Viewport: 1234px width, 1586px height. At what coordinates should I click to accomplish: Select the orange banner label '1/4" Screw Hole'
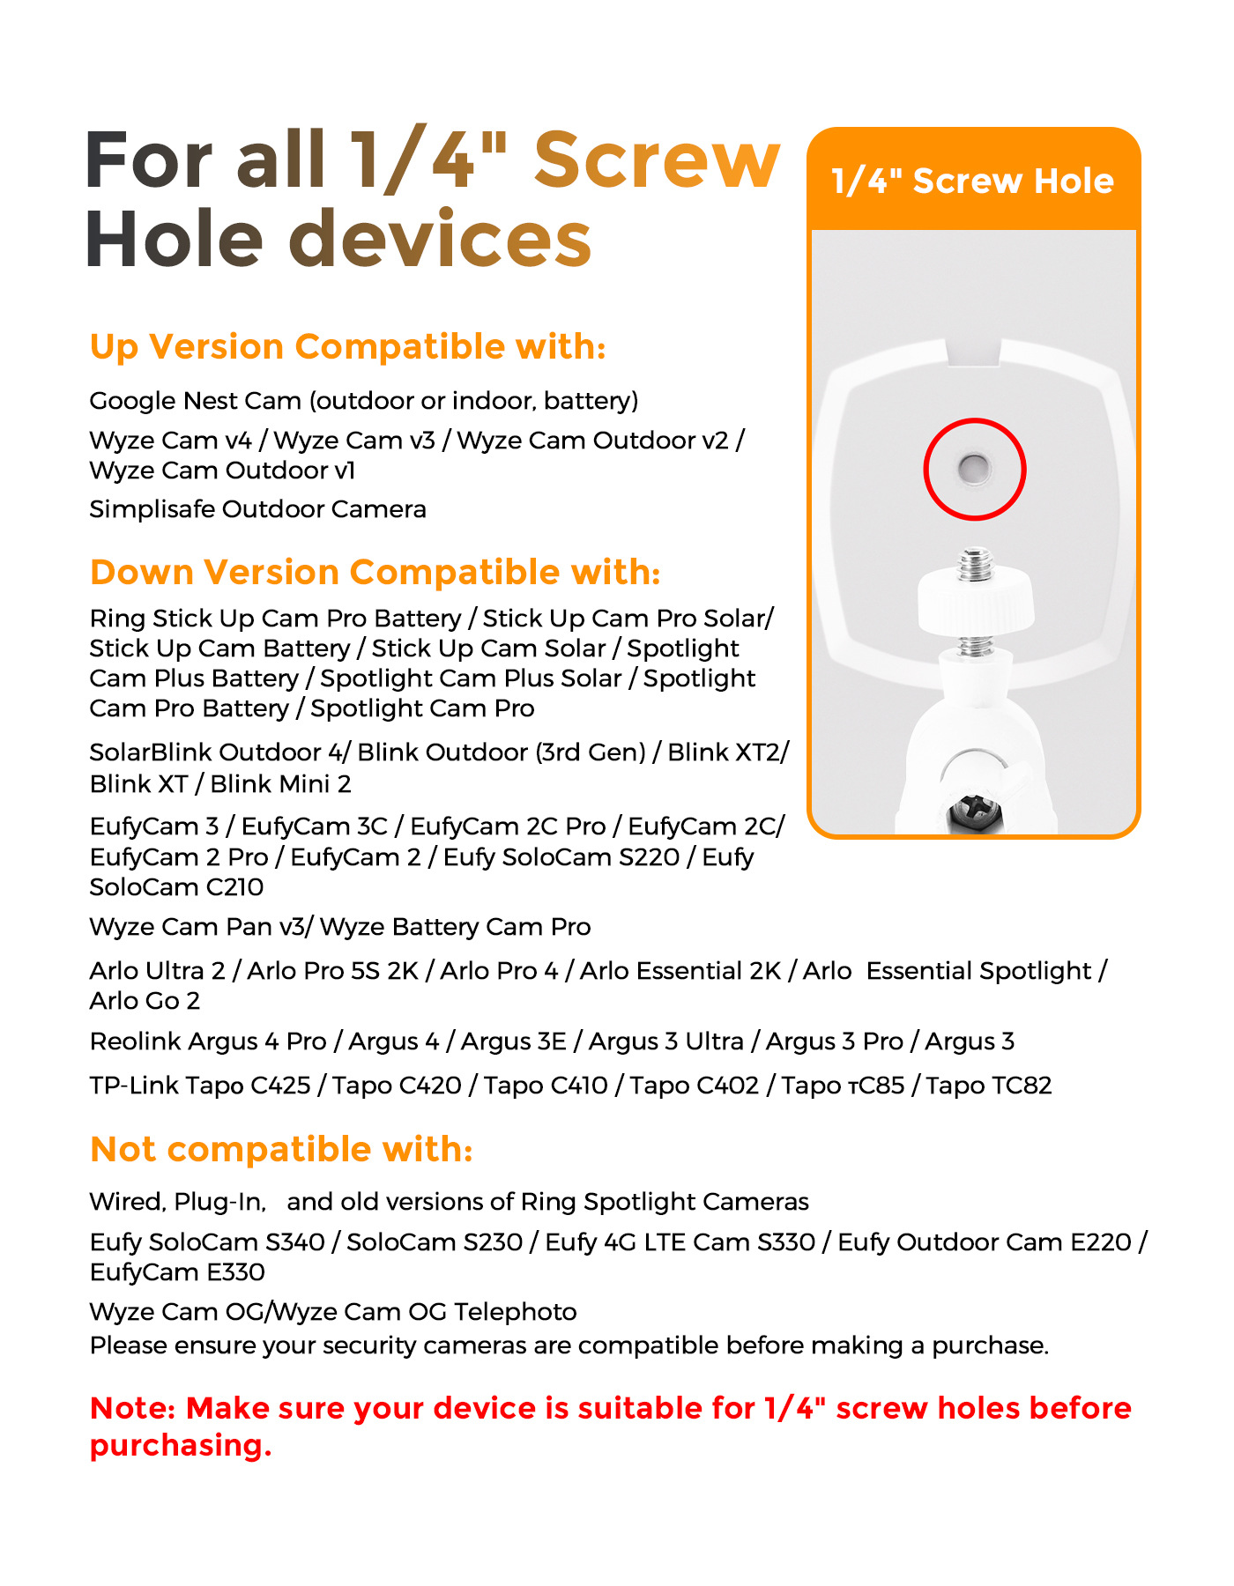click(973, 181)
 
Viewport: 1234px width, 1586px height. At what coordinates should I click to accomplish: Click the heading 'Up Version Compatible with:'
click(347, 346)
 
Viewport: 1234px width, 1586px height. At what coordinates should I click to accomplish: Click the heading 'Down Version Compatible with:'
click(375, 572)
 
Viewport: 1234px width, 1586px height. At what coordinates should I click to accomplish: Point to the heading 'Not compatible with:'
click(281, 1149)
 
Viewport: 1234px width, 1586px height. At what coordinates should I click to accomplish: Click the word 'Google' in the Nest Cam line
click(133, 401)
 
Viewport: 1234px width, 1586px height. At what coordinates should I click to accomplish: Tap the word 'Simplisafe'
click(152, 509)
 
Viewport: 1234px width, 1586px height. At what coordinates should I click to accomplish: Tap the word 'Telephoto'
click(516, 1312)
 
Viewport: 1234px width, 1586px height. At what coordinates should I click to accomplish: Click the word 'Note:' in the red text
click(134, 1408)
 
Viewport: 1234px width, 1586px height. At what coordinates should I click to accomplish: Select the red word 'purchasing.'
click(181, 1446)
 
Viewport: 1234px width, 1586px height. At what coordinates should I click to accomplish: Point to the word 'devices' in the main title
click(440, 240)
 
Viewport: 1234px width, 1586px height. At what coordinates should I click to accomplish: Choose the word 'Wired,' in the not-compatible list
click(127, 1202)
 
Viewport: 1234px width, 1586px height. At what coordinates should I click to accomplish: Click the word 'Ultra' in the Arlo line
click(175, 971)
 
